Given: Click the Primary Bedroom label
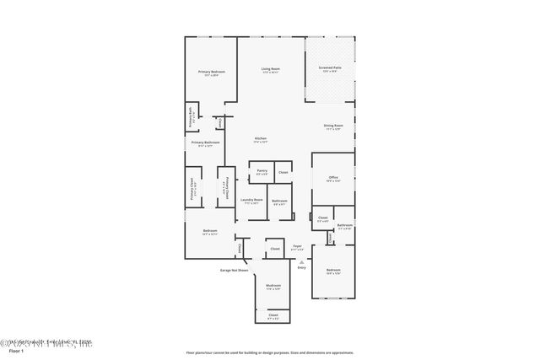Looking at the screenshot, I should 211,73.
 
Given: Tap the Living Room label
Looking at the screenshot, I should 270,70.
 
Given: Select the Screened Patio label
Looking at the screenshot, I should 331,70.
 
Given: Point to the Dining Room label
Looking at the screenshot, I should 332,127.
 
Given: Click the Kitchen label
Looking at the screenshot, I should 261,139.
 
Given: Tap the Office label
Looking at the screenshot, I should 333,179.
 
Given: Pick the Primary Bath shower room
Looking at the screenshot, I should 192,119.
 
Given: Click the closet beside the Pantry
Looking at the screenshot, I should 283,172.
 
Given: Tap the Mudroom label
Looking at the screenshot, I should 273,286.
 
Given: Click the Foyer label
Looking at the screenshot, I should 297,247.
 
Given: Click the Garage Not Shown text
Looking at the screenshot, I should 234,271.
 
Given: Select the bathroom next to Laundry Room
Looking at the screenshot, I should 279,201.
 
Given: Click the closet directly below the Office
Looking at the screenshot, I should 322,219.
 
